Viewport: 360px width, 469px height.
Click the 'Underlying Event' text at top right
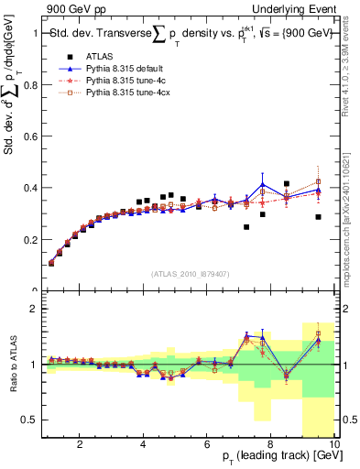coord(300,8)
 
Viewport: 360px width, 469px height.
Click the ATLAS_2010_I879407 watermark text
coord(190,275)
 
